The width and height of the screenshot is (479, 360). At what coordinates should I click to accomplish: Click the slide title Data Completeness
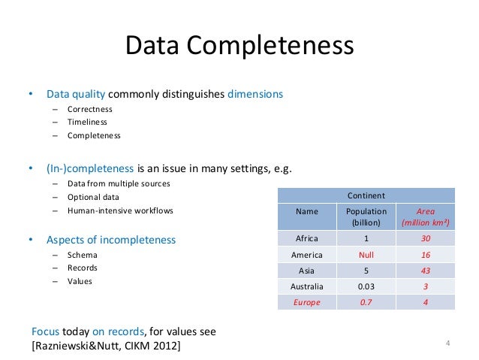[x=239, y=47]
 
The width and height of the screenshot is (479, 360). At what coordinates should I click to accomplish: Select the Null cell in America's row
[x=366, y=255]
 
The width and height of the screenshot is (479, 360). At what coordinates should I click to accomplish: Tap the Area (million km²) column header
[x=426, y=217]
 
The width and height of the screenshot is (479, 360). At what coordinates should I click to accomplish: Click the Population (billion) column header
[x=366, y=217]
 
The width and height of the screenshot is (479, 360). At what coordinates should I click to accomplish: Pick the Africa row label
[x=306, y=239]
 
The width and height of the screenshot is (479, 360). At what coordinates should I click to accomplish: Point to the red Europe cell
[x=306, y=302]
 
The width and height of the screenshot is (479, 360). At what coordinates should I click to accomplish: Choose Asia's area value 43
[x=426, y=271]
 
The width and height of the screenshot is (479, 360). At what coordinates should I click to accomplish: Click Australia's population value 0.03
[x=366, y=286]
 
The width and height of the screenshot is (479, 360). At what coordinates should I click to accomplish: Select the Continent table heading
[x=366, y=195]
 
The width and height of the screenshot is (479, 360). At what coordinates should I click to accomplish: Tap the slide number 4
[x=447, y=344]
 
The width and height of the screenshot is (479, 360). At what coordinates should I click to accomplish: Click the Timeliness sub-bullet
[x=87, y=123]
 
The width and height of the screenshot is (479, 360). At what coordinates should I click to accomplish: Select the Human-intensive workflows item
[x=119, y=211]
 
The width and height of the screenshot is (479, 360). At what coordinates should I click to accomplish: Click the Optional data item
[x=92, y=198]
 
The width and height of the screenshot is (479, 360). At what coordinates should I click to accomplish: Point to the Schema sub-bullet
[x=82, y=255]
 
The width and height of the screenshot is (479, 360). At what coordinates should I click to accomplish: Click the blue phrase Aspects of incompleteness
[x=111, y=240]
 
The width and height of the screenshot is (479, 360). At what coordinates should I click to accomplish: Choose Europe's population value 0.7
[x=366, y=302]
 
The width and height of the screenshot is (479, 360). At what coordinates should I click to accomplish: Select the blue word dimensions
[x=255, y=95]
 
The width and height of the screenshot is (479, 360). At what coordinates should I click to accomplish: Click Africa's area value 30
[x=426, y=239]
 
